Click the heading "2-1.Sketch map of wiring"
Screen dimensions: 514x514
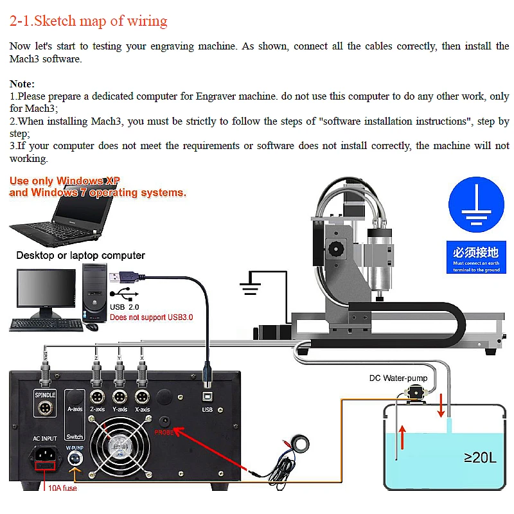click(x=89, y=21)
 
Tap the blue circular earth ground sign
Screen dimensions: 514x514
click(x=476, y=206)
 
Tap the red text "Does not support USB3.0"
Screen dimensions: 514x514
click(x=151, y=317)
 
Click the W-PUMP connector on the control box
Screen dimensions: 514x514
click(x=75, y=459)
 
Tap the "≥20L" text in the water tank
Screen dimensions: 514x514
click(x=479, y=457)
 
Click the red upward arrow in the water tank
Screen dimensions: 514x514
click(x=402, y=437)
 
